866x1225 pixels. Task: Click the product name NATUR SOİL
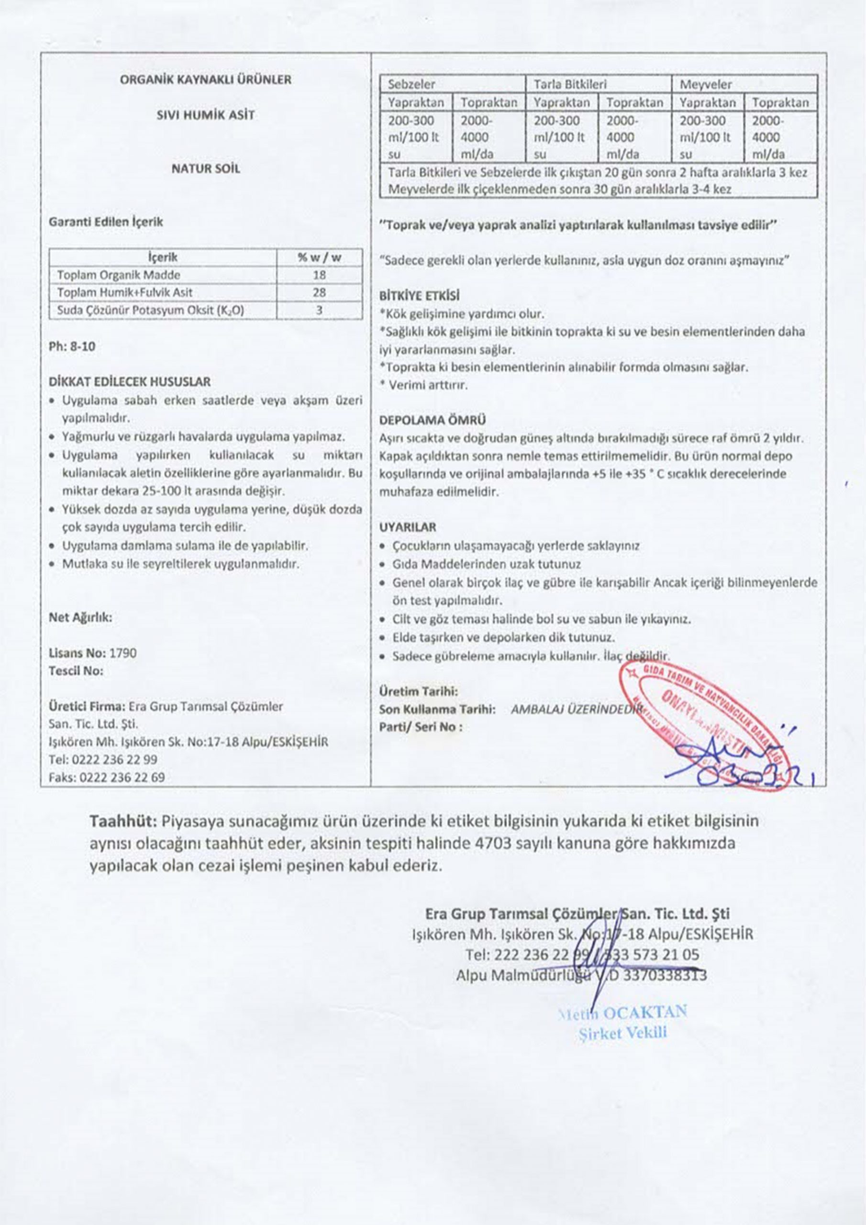click(x=205, y=168)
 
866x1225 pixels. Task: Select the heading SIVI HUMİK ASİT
click(x=205, y=115)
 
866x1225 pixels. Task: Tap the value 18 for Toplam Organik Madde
click(x=319, y=275)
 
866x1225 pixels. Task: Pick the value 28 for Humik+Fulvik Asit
click(x=319, y=292)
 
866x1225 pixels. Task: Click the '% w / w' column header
click(x=319, y=258)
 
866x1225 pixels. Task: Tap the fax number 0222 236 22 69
click(x=122, y=778)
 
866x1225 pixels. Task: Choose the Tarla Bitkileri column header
click(x=570, y=84)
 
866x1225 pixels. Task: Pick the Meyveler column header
click(x=705, y=84)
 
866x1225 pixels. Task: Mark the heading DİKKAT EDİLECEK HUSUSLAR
click(x=130, y=382)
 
